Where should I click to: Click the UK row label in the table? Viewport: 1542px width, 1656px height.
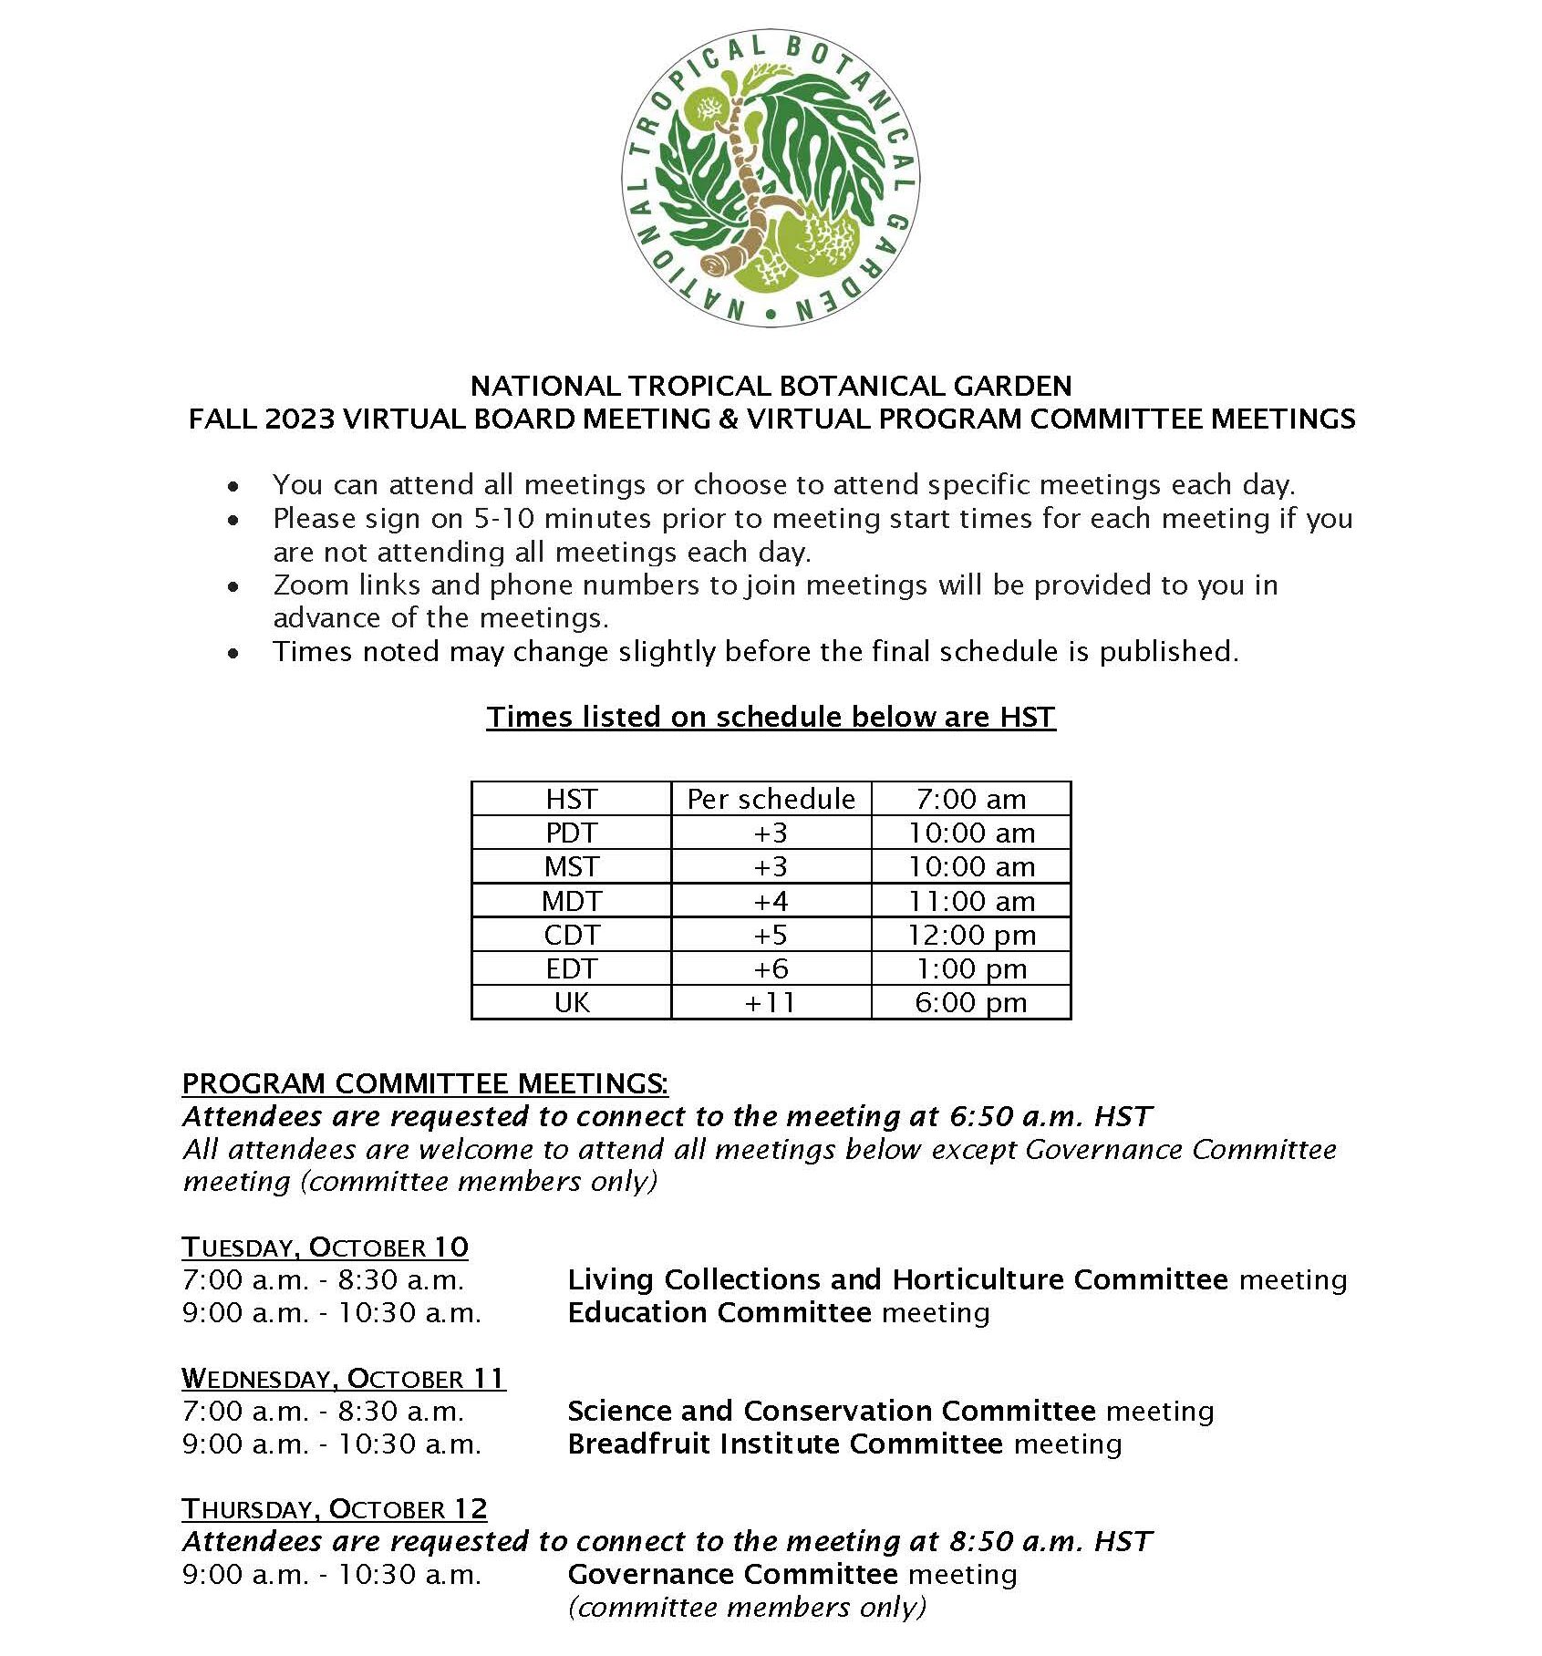pos(572,1003)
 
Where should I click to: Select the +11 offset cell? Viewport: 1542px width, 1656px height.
pos(771,1003)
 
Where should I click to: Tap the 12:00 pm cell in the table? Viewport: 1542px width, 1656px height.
pos(971,936)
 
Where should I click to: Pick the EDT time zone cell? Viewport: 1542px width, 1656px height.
pos(572,969)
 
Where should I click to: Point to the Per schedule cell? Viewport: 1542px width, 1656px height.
pos(771,800)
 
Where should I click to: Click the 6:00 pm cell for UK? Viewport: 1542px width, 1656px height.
pos(971,1003)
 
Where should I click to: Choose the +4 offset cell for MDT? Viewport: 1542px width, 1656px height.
pos(771,902)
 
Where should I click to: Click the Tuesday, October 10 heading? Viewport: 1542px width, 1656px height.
pos(325,1247)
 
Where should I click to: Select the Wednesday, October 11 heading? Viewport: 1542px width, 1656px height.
pos(343,1379)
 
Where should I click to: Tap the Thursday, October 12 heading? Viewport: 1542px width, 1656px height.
pos(334,1509)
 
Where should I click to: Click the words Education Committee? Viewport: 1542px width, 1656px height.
pos(719,1313)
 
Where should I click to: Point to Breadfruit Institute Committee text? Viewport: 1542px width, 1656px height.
pos(784,1444)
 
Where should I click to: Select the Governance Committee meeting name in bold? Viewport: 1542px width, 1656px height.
pos(732,1575)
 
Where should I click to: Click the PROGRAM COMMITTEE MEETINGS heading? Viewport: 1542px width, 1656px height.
pos(424,1084)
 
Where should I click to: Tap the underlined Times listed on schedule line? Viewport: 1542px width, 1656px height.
pos(771,718)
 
